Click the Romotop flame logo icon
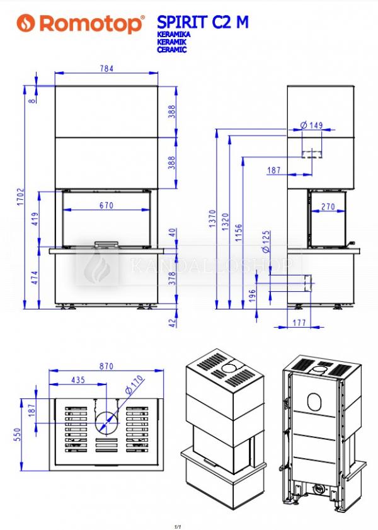(26, 23)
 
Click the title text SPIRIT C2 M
(203, 22)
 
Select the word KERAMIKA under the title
(174, 35)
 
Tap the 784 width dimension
(106, 68)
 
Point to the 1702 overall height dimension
(21, 197)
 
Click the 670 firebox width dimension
(106, 205)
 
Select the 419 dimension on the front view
(35, 219)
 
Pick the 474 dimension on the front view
(35, 277)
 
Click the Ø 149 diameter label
(311, 125)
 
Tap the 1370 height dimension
(212, 219)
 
